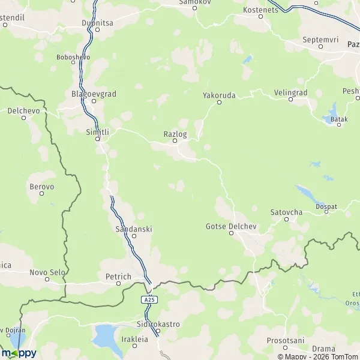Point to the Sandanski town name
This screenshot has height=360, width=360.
pos(133,229)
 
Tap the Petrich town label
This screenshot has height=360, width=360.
pos(118,277)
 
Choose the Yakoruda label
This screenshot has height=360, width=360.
pos(219,95)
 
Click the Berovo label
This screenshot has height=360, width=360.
pos(42,187)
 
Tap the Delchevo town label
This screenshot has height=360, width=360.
pos(23,110)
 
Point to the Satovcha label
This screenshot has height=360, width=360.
pos(286,212)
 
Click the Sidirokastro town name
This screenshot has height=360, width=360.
pos(158,324)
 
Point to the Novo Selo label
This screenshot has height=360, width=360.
pos(47,272)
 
